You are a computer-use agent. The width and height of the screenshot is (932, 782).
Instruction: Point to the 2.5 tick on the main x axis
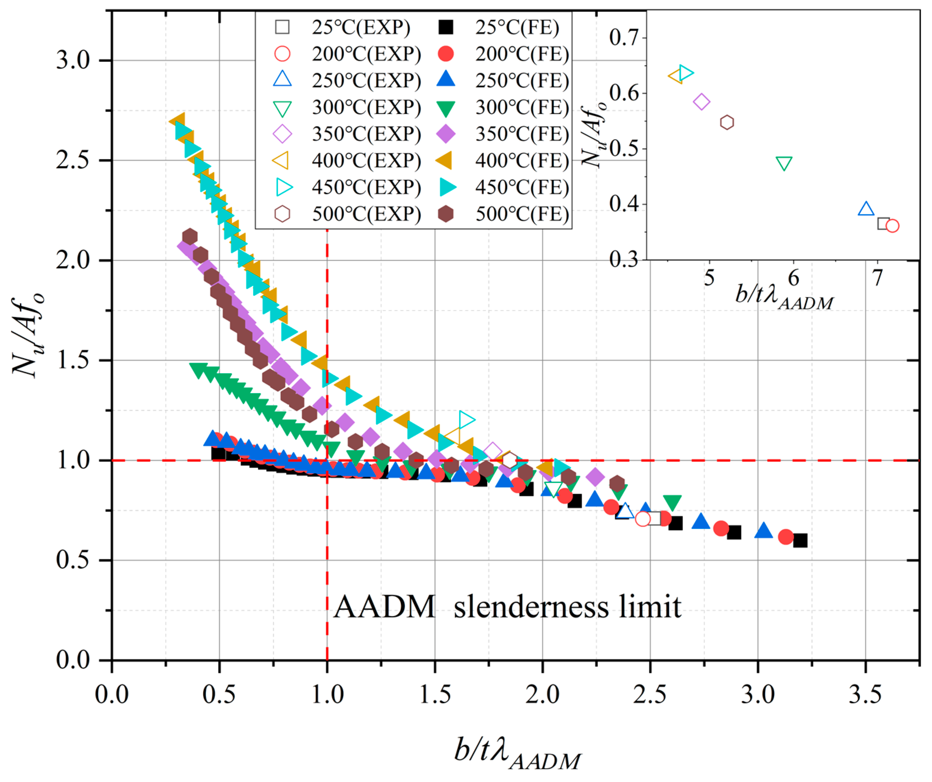point(650,694)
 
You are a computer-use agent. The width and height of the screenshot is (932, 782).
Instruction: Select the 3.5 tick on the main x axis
point(865,694)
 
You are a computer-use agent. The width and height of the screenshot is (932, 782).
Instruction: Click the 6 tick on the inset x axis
point(793,278)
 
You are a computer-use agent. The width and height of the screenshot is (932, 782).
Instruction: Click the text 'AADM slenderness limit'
point(507,607)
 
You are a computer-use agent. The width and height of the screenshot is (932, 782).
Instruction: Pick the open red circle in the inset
point(893,226)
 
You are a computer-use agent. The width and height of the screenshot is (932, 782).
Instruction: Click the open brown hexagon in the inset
point(727,122)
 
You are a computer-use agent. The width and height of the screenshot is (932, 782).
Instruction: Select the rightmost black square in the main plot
point(800,541)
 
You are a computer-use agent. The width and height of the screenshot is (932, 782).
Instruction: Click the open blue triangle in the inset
point(866,209)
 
